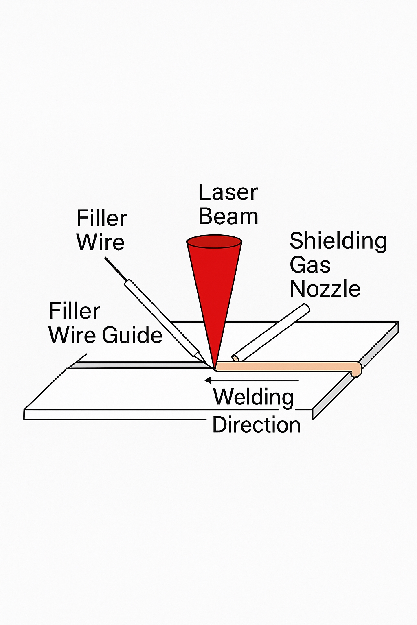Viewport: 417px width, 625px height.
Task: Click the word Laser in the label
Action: pyautogui.click(x=228, y=192)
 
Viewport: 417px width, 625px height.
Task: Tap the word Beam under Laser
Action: pyautogui.click(x=228, y=216)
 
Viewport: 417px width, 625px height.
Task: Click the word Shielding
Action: pyautogui.click(x=338, y=241)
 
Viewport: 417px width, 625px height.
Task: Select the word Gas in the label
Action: pyautogui.click(x=310, y=265)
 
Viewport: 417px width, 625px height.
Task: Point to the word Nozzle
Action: pyautogui.click(x=325, y=289)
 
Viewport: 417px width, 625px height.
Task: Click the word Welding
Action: pyautogui.click(x=253, y=397)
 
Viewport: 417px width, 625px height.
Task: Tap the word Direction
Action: pyautogui.click(x=257, y=425)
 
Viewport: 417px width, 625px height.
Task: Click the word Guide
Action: pyautogui.click(x=132, y=335)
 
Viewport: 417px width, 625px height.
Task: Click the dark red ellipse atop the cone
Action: pyautogui.click(x=214, y=241)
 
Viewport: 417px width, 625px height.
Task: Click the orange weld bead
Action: pyautogui.click(x=285, y=366)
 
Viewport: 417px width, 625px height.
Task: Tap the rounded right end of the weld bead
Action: pyautogui.click(x=356, y=369)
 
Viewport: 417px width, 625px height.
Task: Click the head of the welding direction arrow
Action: pyautogui.click(x=208, y=380)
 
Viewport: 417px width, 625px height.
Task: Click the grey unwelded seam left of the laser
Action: pyautogui.click(x=138, y=365)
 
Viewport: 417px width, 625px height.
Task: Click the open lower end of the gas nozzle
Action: pyautogui.click(x=235, y=358)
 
